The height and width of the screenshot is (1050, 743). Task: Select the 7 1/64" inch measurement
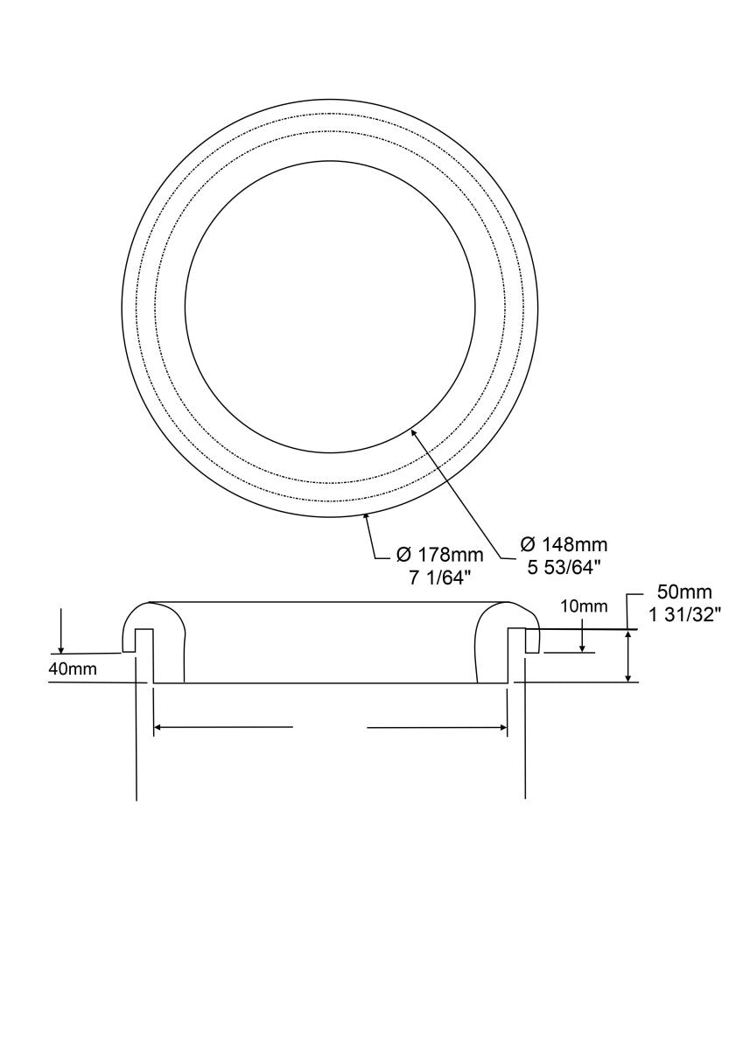point(440,577)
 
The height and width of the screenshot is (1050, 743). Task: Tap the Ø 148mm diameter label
point(564,544)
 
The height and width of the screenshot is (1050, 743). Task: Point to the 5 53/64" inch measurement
point(564,567)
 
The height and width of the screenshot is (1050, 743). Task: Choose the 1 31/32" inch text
point(685,614)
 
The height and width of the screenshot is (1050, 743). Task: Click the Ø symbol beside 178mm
point(403,554)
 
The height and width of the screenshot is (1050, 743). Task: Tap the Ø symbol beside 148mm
point(528,544)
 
